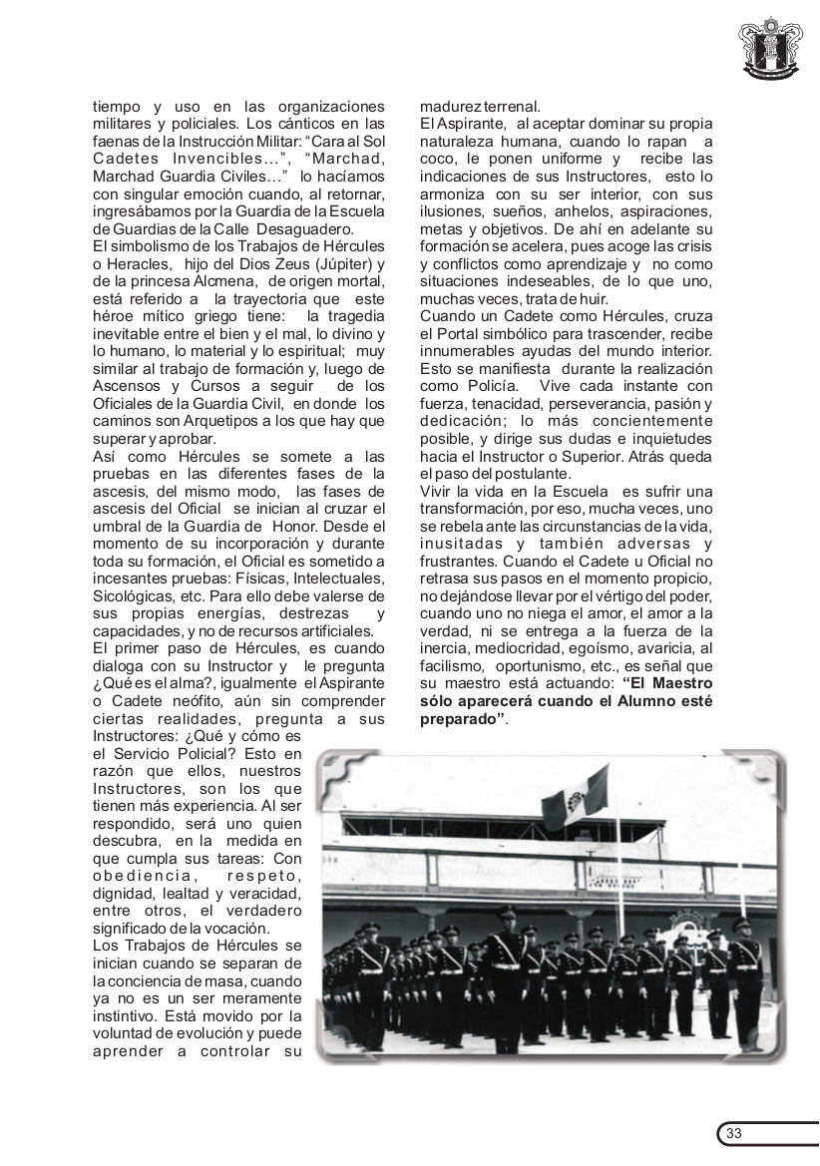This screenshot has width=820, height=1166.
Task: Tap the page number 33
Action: pyautogui.click(x=734, y=1133)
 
